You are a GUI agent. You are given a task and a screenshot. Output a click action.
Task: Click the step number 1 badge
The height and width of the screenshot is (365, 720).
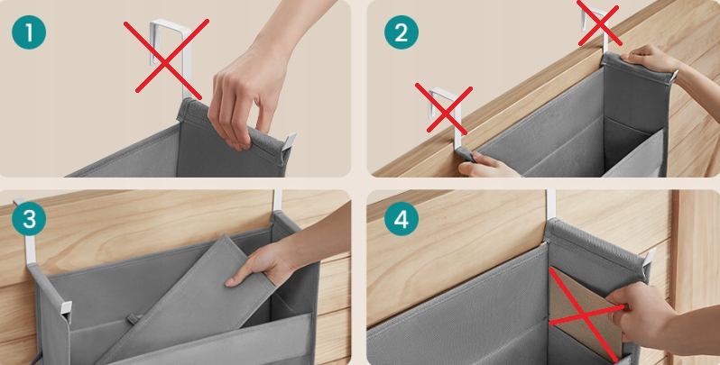tap(29, 32)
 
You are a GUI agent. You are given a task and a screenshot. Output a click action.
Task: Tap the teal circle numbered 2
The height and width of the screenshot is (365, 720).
tap(402, 32)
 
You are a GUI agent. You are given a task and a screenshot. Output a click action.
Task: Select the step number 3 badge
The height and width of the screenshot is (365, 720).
tap(29, 219)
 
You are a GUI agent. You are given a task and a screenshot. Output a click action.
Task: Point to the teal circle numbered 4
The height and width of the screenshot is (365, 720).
tap(402, 219)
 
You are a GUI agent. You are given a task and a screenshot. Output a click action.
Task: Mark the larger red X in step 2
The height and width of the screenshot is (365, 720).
tap(444, 108)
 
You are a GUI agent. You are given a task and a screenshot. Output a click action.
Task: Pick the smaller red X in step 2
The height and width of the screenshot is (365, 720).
tap(600, 22)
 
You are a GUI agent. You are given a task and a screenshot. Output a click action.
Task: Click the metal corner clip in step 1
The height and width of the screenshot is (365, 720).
tap(289, 141)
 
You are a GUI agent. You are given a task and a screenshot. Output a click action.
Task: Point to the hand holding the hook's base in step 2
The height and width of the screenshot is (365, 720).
tap(486, 166)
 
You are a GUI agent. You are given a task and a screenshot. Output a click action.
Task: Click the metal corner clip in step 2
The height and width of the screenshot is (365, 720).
tap(673, 76)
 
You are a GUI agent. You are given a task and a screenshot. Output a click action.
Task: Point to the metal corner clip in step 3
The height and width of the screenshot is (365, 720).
tap(66, 307)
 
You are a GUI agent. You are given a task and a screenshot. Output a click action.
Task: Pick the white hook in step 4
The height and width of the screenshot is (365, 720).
tap(550, 205)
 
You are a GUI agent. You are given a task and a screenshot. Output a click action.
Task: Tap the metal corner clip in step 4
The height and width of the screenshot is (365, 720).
tap(650, 258)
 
